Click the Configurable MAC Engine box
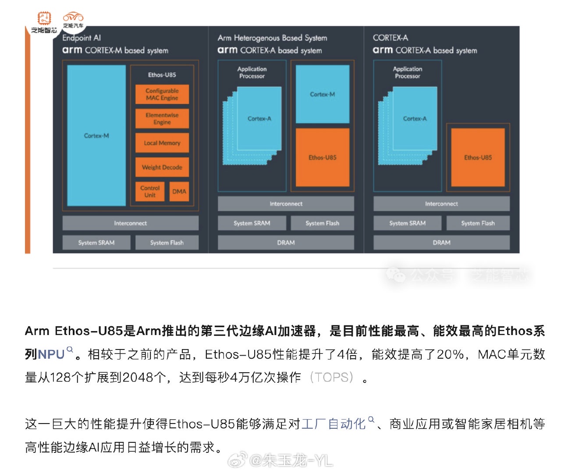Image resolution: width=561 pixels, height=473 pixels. pos(162,94)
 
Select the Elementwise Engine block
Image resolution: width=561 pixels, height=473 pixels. pos(162,119)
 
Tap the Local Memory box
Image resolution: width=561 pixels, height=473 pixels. pos(162,143)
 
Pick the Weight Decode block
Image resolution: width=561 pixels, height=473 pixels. pos(162,167)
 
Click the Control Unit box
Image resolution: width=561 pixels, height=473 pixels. pos(150,191)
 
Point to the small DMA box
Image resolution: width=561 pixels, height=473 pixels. pos(179,191)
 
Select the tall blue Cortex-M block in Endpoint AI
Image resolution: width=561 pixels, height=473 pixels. pos(96,136)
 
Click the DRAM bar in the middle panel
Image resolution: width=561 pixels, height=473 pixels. pos(286,243)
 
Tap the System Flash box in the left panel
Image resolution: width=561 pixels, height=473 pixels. pos(167,243)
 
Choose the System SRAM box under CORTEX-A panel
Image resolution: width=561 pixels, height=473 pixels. pos(408,223)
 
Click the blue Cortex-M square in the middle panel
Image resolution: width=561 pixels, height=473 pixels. pos(323,94)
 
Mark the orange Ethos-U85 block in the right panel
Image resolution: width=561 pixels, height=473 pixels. pos(478,158)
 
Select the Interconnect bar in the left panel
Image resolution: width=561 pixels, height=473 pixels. pos(131,223)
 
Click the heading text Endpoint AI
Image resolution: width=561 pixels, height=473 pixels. pos(82,38)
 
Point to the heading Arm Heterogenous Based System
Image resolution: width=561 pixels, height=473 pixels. pos(272,38)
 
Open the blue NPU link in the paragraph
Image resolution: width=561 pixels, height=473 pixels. pos(51,354)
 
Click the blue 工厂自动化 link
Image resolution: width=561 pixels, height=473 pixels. pos(334,424)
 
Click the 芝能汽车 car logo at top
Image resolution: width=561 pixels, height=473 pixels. pos(73,20)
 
